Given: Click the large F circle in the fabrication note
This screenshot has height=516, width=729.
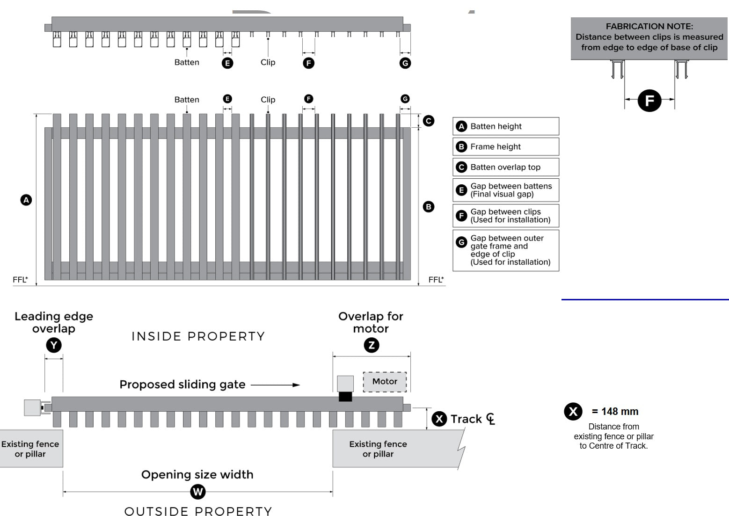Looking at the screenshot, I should tap(649, 101).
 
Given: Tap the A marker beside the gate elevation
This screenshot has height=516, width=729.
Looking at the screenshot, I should tap(26, 200).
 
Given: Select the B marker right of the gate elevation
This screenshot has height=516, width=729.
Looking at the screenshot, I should tap(428, 207).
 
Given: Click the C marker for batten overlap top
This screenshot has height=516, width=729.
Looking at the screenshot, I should tap(428, 121).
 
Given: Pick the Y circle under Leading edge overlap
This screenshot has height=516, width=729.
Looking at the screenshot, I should tap(54, 346).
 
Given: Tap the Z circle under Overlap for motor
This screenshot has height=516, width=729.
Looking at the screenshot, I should tap(372, 346).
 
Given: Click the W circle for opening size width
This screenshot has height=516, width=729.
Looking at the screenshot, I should tap(198, 492).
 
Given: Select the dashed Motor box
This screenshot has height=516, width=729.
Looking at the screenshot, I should tap(385, 382).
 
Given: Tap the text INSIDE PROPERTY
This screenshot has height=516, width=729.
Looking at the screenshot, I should tap(198, 336).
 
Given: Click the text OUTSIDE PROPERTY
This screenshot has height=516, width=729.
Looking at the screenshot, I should tap(198, 511).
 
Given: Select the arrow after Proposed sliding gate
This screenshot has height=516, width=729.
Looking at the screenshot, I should tap(276, 385).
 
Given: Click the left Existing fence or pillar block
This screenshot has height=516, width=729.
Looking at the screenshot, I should tap(30, 449).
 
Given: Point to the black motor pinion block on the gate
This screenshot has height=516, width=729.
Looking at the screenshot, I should tap(345, 397).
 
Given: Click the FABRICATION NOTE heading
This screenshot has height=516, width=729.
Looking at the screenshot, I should tap(649, 27).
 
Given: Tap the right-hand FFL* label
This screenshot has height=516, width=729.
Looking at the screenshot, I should tap(436, 280).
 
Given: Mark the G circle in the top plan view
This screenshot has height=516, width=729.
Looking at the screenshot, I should tap(405, 63).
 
